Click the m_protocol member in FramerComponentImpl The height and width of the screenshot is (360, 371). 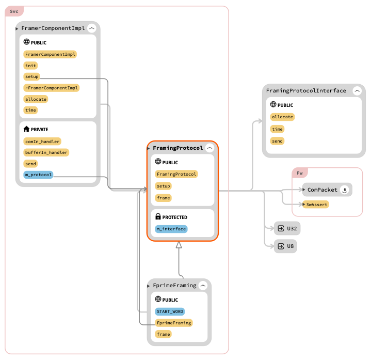[x=38, y=175]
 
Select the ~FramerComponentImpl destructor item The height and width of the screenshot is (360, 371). [x=52, y=88]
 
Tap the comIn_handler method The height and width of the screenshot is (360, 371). [x=42, y=141]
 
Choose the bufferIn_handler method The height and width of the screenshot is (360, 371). [x=46, y=152]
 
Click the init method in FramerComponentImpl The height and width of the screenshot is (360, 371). [x=30, y=66]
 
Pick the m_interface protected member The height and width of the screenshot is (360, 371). [x=171, y=229]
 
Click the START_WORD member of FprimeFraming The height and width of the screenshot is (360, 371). [x=170, y=311]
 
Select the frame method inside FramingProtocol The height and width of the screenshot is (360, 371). [x=163, y=198]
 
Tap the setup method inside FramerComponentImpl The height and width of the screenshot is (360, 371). [x=31, y=76]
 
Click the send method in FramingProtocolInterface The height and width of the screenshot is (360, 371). [x=277, y=140]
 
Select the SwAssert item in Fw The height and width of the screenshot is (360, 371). [x=316, y=205]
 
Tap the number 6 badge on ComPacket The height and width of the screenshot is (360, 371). [x=345, y=190]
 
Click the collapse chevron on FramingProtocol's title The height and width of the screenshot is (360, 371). [x=209, y=148]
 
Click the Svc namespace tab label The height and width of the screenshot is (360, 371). [x=14, y=11]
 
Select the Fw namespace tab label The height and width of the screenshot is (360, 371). [x=300, y=173]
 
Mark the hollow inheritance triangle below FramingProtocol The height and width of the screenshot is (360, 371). [x=179, y=245]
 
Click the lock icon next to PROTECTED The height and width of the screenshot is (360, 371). [x=158, y=217]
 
